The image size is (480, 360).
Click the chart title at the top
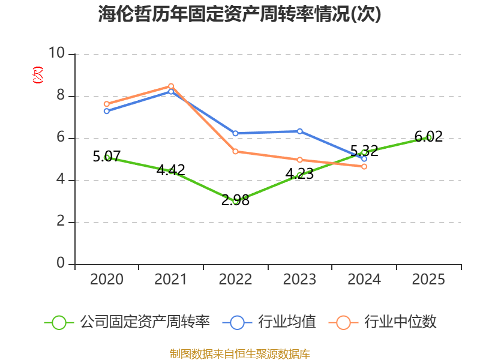click(x=239, y=14)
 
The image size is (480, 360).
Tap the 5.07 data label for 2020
click(x=107, y=157)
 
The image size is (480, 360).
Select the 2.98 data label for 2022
click(x=235, y=200)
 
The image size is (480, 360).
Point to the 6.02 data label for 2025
click(x=428, y=136)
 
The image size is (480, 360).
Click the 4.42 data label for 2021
click(x=171, y=170)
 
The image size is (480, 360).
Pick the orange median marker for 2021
click(x=171, y=86)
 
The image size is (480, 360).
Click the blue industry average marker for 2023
click(x=300, y=131)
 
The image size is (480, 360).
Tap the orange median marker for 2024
click(x=364, y=167)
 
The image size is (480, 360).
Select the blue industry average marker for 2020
click(x=107, y=111)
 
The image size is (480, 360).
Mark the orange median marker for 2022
click(x=235, y=152)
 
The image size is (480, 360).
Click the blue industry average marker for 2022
click(x=235, y=133)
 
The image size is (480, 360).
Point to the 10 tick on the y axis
click(x=56, y=53)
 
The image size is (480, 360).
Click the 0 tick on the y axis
click(x=61, y=263)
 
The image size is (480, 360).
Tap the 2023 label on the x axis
click(x=299, y=279)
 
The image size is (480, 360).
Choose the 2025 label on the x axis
click(x=428, y=279)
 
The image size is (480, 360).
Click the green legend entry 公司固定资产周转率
click(x=127, y=322)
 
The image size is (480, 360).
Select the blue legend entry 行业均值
click(x=269, y=322)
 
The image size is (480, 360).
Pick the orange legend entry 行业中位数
click(x=382, y=322)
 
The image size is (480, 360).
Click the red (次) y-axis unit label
click(x=38, y=75)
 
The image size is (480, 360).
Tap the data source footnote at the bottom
click(x=240, y=354)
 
